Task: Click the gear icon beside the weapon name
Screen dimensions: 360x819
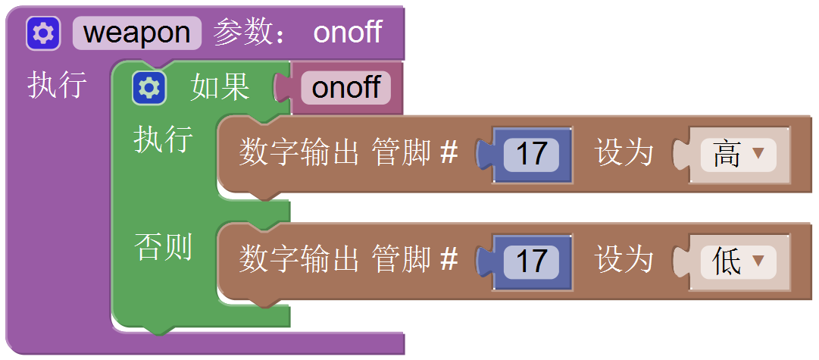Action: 43,33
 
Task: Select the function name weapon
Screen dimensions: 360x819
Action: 137,33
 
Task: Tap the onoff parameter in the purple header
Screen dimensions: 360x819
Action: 348,33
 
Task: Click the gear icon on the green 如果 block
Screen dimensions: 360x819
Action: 149,89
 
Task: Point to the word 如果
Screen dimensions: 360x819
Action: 220,88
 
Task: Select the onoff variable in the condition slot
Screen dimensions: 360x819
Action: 345,88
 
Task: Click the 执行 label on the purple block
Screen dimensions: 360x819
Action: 57,85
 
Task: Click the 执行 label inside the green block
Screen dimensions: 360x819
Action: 163,140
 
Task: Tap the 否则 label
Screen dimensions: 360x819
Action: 163,247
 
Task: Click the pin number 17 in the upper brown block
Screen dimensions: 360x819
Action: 531,154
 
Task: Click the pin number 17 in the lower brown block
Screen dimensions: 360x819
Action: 531,261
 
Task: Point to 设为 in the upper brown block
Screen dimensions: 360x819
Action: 624,154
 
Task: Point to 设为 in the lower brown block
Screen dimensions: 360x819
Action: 624,261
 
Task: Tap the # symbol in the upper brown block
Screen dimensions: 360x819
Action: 449,154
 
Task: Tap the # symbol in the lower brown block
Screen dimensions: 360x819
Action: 449,261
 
